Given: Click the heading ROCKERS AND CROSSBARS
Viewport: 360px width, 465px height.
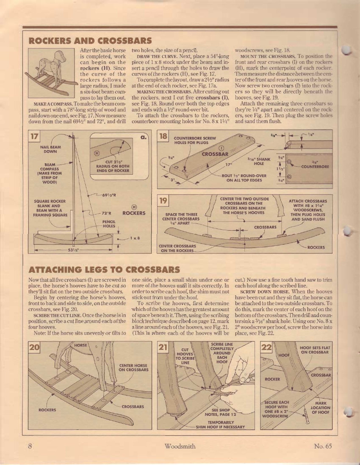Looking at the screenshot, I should point(89,41).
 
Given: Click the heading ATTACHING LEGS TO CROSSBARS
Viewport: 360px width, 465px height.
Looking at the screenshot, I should point(103,270).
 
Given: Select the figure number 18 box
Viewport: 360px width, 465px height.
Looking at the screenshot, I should point(163,138).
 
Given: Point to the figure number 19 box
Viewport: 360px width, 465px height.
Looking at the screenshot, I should point(164,201).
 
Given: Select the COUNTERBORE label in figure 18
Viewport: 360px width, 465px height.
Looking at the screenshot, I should point(315,166).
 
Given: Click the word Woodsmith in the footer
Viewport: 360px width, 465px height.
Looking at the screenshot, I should point(180,446).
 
